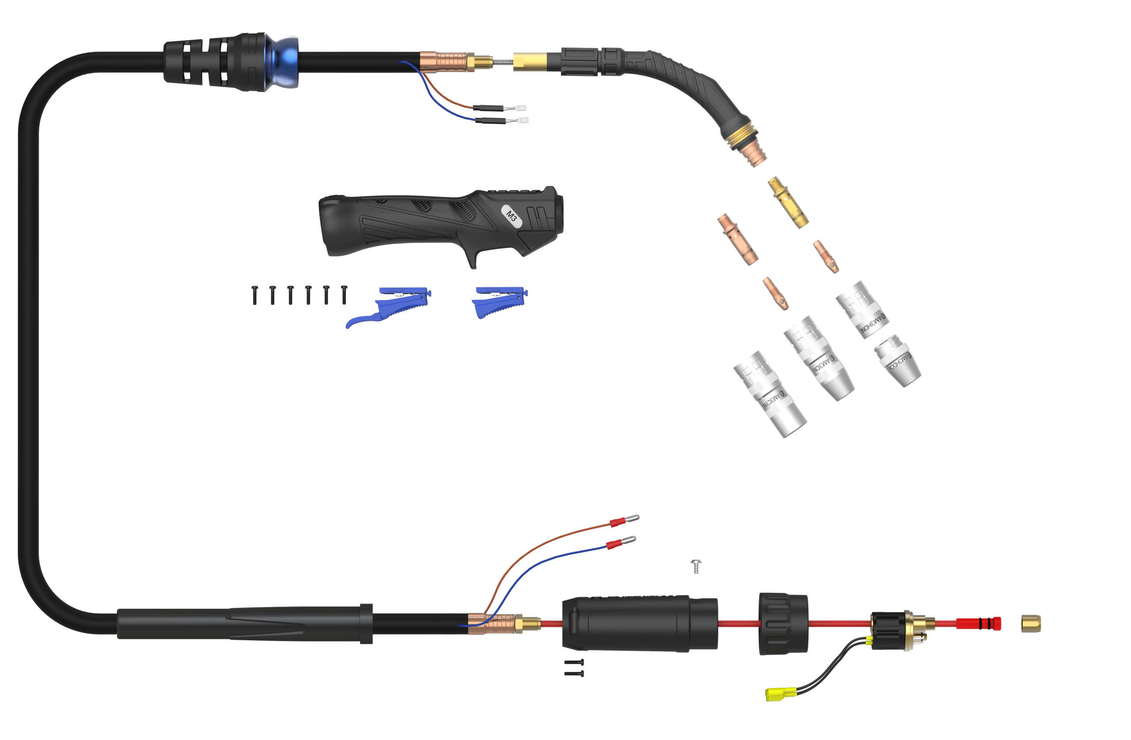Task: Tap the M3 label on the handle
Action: coord(512,216)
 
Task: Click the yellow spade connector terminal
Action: coord(774,695)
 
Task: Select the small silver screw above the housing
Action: coord(696,566)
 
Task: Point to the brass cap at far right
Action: coord(1031,623)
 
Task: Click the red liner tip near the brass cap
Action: coord(979,623)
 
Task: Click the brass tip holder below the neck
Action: coord(788,201)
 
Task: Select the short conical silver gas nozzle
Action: coord(897,359)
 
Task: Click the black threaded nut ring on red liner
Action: coord(783,623)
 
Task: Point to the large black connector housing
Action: coord(639,623)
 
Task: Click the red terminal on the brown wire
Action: coord(617,523)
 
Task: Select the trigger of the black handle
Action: coord(471,259)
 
